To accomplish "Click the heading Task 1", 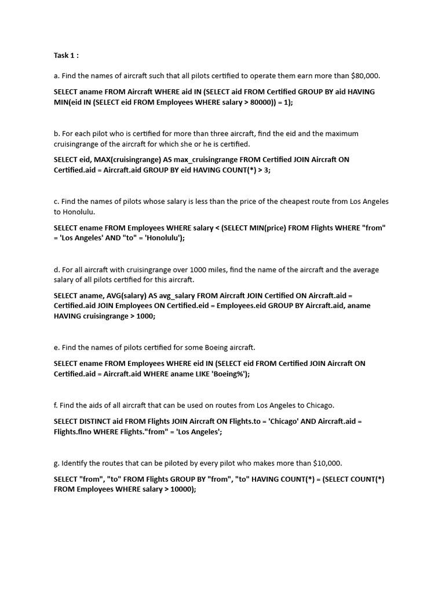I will [x=66, y=56].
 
